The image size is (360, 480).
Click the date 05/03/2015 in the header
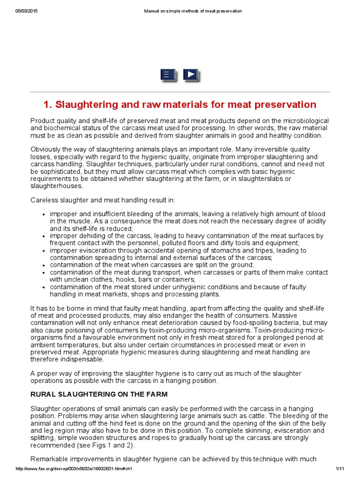click(26, 11)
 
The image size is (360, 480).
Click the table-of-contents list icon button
click(167, 75)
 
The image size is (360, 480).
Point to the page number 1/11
click(340, 469)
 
